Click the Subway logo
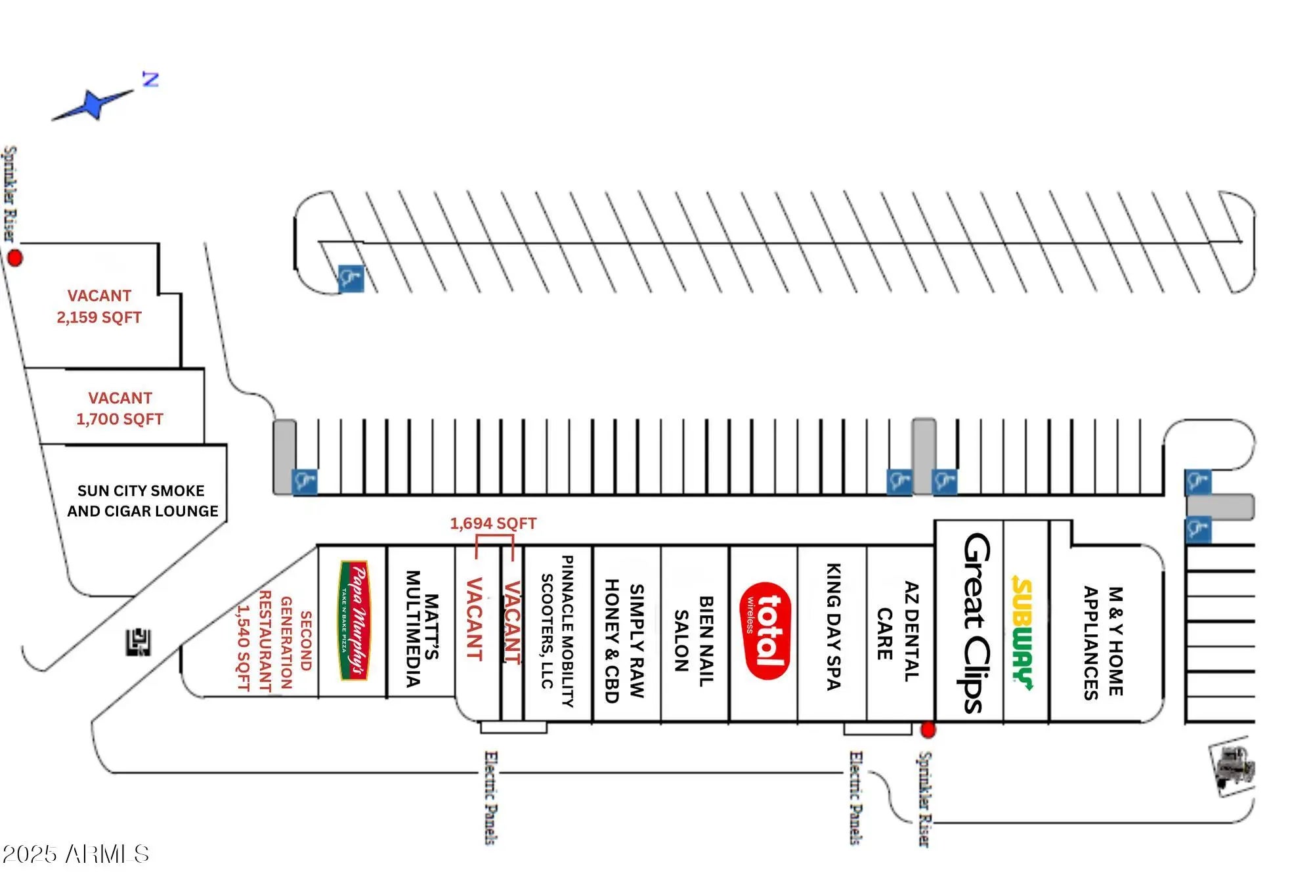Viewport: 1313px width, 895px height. click(x=1022, y=634)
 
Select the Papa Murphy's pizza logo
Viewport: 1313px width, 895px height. click(x=354, y=621)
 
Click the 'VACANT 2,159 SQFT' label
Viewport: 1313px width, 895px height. click(x=99, y=307)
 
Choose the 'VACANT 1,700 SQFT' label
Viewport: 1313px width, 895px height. click(x=119, y=408)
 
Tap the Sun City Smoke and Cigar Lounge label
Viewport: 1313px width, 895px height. click(x=142, y=501)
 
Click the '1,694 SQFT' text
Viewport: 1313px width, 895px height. click(x=493, y=523)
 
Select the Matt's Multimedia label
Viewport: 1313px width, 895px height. click(x=421, y=628)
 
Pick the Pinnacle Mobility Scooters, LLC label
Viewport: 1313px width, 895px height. click(x=557, y=630)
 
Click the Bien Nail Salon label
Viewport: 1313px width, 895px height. click(x=693, y=641)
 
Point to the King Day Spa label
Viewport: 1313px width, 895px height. click(x=832, y=626)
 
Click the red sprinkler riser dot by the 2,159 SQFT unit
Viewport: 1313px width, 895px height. click(x=14, y=258)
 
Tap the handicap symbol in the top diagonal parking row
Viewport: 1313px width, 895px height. click(x=351, y=278)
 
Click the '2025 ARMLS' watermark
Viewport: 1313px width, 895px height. click(x=75, y=854)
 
